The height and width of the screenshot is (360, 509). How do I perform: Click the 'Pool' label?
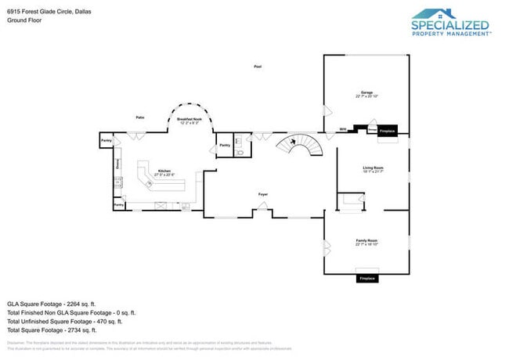(x=258, y=67)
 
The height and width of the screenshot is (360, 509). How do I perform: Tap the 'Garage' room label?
(x=366, y=93)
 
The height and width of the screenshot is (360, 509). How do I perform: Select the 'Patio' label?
(x=139, y=117)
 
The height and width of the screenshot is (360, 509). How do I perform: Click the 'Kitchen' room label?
(x=164, y=171)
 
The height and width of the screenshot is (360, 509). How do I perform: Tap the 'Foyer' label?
(x=263, y=194)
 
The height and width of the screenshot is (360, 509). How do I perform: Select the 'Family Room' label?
(x=366, y=242)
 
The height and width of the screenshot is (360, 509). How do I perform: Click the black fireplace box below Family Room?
(x=366, y=279)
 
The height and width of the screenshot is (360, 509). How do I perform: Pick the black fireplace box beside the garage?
(x=387, y=131)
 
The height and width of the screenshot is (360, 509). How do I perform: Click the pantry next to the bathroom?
(x=225, y=146)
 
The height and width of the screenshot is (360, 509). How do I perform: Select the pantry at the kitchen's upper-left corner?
(x=106, y=140)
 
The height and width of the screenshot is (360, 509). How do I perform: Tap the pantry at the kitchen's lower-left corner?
(x=119, y=205)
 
